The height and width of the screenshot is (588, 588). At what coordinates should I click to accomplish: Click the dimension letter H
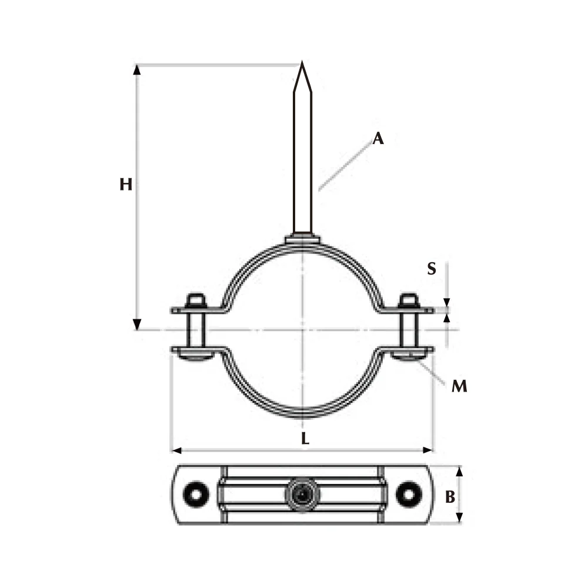[x=126, y=185]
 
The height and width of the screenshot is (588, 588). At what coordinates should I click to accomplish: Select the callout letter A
[x=378, y=139]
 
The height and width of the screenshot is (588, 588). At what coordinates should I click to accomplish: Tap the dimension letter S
[x=432, y=269]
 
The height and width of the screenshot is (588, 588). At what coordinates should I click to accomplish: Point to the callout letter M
[x=459, y=386]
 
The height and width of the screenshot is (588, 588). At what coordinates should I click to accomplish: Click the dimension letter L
[x=304, y=438]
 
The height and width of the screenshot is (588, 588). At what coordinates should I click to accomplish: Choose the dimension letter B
[x=450, y=497]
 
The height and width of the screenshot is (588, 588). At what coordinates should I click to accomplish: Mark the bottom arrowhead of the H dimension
[x=138, y=324]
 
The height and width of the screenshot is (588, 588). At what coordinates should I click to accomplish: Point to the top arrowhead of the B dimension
[x=460, y=472]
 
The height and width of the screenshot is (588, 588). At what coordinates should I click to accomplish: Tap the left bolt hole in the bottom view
[x=195, y=495]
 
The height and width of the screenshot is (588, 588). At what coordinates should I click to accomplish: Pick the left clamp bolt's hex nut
[x=195, y=302]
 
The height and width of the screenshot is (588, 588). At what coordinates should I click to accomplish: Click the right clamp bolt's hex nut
[x=408, y=302]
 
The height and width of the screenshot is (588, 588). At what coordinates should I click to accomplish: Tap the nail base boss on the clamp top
[x=302, y=239]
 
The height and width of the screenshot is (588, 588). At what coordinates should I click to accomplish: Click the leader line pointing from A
[x=345, y=165]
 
